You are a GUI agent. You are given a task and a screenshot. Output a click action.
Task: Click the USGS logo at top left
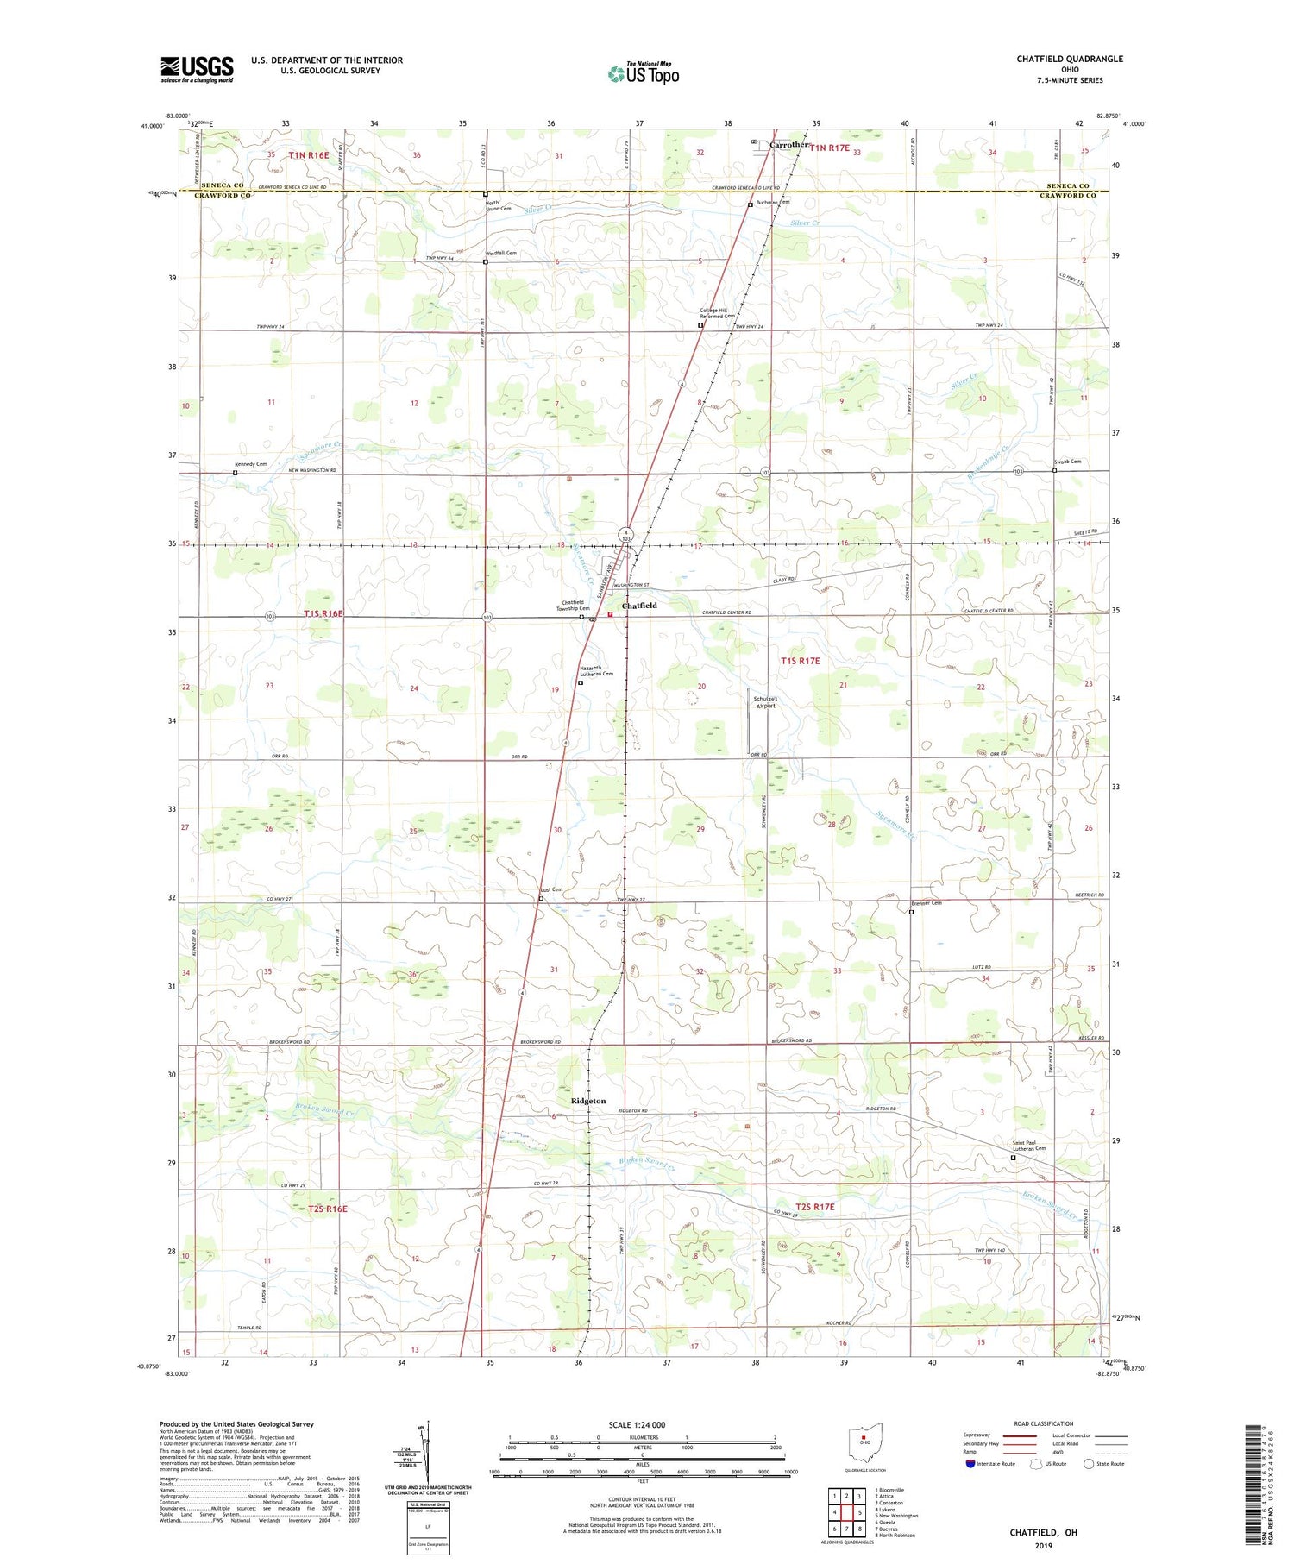[x=197, y=69]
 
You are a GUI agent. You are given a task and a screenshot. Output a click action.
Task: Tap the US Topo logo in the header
[x=643, y=74]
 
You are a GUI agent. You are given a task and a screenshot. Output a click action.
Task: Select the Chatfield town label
[x=639, y=606]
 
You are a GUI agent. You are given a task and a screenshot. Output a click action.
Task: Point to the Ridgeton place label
[x=588, y=1101]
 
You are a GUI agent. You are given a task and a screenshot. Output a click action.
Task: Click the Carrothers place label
[x=789, y=145]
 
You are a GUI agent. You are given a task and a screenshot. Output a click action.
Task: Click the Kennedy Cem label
[x=250, y=464]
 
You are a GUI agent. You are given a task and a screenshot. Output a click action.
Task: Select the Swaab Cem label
[x=1067, y=462]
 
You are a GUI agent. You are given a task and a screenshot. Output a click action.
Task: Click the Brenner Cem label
[x=927, y=903]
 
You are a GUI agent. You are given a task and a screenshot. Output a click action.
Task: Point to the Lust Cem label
[x=551, y=889]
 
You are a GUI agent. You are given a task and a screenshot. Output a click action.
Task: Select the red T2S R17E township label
[x=814, y=1207]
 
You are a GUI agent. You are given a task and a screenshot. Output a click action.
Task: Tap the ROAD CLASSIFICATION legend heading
[x=1044, y=1423]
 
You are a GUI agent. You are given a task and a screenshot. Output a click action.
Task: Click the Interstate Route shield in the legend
[x=970, y=1464]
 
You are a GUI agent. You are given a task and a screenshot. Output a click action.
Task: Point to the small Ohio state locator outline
[x=864, y=1440]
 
